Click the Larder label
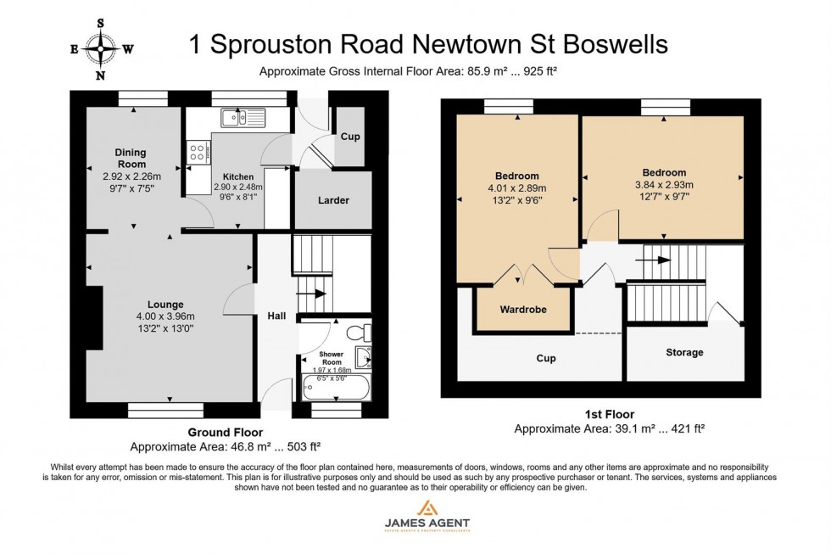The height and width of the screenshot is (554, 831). [333, 200]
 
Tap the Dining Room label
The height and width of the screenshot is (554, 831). [131, 158]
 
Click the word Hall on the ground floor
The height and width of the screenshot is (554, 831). [276, 316]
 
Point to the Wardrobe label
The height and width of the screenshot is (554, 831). [521, 310]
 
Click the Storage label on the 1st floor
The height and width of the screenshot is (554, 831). [684, 352]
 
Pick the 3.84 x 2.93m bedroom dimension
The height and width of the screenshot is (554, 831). [664, 185]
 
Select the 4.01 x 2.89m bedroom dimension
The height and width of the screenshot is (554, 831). [516, 188]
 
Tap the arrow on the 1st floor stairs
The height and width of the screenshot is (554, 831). [661, 260]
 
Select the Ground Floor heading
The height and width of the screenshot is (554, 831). [225, 432]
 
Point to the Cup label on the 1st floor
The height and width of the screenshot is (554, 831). [546, 358]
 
